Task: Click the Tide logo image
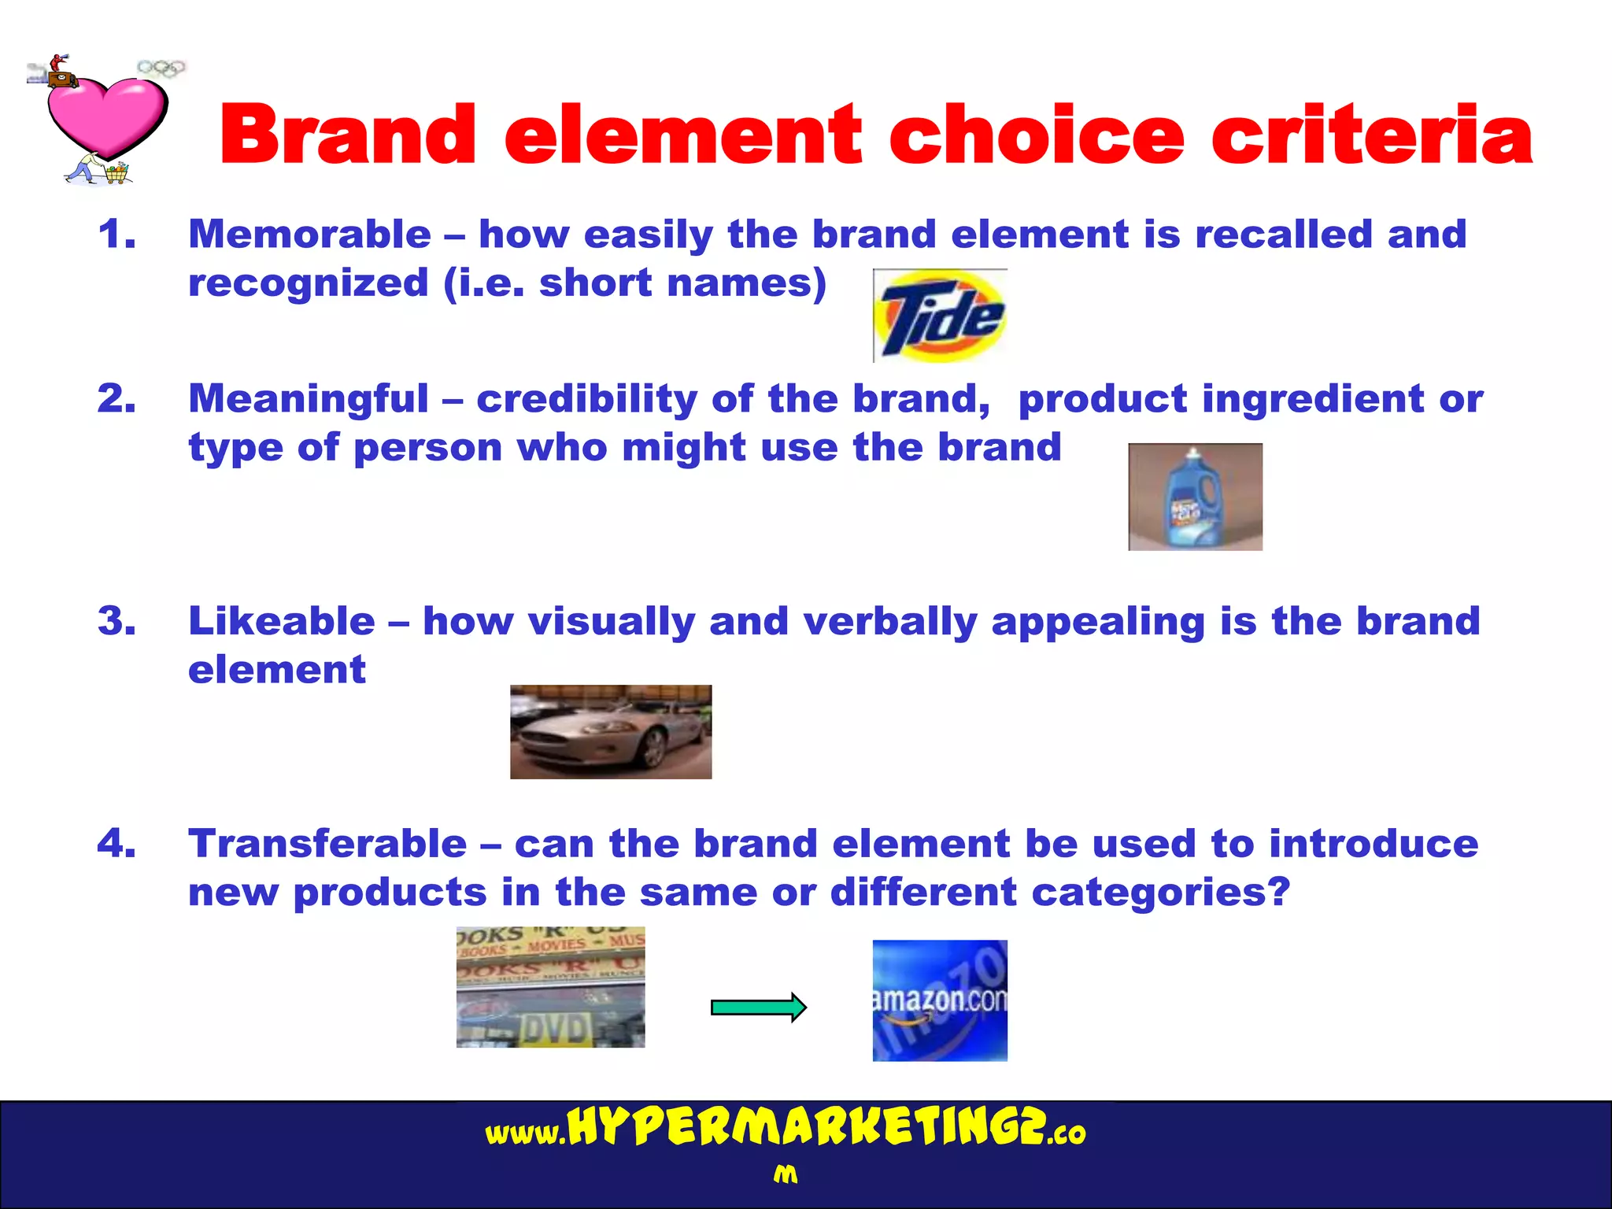click(x=940, y=316)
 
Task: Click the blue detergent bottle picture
click(x=1195, y=497)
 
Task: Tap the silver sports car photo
click(x=611, y=732)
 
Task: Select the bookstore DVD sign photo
click(x=550, y=987)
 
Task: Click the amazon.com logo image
click(x=940, y=1000)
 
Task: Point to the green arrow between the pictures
click(x=758, y=1007)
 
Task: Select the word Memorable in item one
click(x=309, y=235)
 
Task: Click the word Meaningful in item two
click(x=308, y=399)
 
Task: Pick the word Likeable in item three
click(x=281, y=621)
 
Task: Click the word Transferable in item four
click(x=327, y=844)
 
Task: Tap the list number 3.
click(x=116, y=621)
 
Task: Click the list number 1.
click(x=116, y=235)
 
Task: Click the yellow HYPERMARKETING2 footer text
click(x=806, y=1127)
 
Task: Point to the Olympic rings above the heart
click(x=161, y=68)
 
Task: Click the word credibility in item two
click(x=586, y=399)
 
